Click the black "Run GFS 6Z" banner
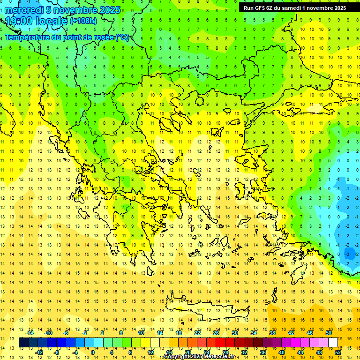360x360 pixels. pos(295,7)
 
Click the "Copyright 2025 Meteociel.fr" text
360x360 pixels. pos(202,357)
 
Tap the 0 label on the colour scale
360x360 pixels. pos(92,352)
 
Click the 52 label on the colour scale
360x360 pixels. pos(338,352)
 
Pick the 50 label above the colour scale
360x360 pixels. pos(329,332)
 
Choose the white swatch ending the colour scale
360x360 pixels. pos(333,342)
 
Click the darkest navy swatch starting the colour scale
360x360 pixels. pos(23,342)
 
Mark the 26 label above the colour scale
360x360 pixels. pos(216,332)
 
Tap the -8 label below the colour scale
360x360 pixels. pos(56,352)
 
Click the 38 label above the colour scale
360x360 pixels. pos(272,332)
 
